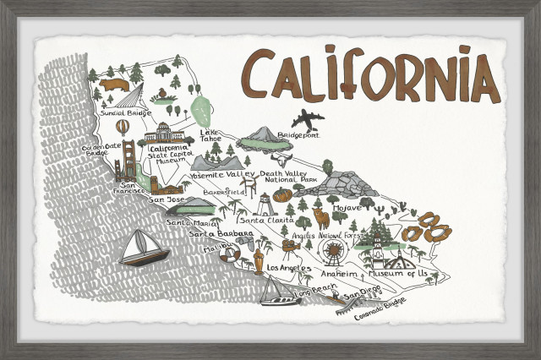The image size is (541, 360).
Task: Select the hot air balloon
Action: [x=123, y=127]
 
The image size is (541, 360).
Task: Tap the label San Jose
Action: [x=166, y=200]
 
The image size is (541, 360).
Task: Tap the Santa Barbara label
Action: [x=221, y=234]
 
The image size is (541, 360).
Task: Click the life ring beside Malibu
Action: [x=234, y=253]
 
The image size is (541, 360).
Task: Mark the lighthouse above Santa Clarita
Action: [x=266, y=203]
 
